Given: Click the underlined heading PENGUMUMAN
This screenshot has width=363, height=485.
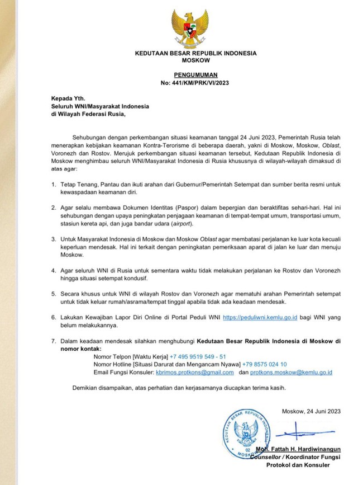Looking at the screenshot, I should point(195,74).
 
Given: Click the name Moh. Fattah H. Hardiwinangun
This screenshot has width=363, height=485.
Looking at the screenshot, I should point(298,449).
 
